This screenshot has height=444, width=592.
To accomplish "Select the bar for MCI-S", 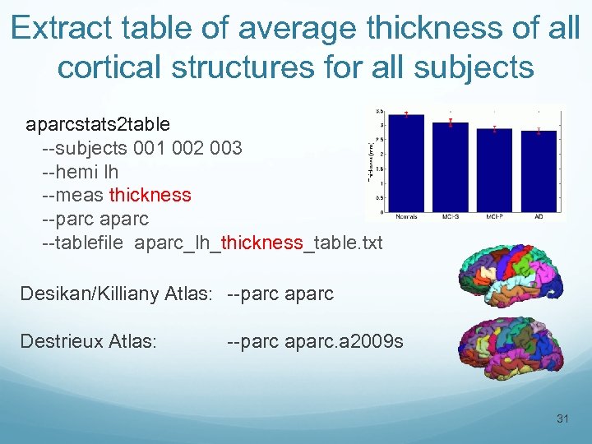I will tap(451, 169).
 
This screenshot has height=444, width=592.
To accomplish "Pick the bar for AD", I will tap(539, 173).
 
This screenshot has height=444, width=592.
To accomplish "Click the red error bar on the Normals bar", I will tap(406, 114).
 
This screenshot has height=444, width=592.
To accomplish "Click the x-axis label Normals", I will tap(406, 217).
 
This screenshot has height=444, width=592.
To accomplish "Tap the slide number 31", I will tap(562, 419).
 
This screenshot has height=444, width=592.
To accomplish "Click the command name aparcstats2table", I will tap(98, 124).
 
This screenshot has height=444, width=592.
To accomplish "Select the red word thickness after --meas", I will tap(150, 195).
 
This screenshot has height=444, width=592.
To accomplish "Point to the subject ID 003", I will tap(225, 148).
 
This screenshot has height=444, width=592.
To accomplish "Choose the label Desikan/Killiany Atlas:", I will tap(118, 294).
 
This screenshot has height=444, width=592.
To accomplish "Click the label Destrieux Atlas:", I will tap(88, 340).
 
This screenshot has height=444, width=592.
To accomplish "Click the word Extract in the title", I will tap(63, 28).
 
